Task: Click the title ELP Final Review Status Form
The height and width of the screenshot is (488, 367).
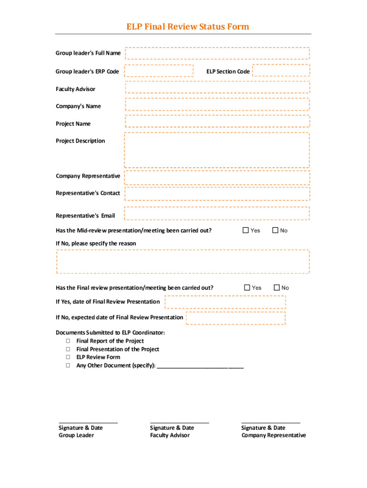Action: click(x=187, y=27)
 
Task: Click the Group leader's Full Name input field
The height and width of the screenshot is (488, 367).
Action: click(x=217, y=53)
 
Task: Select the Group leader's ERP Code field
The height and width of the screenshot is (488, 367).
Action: click(x=159, y=71)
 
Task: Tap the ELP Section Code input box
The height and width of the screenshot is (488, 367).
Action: click(x=281, y=71)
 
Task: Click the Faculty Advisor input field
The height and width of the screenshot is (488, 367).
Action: click(x=217, y=87)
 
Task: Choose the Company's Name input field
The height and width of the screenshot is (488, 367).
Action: click(x=217, y=104)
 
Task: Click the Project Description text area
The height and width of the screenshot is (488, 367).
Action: click(x=217, y=150)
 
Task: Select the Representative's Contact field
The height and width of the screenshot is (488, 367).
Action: click(x=217, y=193)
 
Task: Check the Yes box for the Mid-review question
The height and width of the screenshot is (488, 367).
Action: click(x=246, y=230)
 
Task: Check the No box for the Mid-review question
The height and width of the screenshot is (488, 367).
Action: click(x=275, y=230)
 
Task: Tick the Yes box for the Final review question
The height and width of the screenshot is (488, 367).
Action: click(x=247, y=287)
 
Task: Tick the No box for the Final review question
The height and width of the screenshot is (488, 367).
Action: click(x=277, y=287)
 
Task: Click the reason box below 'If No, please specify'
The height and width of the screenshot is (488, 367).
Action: click(x=183, y=261)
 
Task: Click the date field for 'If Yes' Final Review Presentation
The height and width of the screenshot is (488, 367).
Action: click(x=225, y=302)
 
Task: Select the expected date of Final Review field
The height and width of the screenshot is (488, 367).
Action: click(x=235, y=317)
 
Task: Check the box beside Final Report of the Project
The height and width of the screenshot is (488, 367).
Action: click(x=68, y=341)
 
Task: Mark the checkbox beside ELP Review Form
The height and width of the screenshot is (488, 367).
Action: click(x=68, y=357)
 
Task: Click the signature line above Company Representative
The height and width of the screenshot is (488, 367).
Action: click(x=271, y=421)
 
